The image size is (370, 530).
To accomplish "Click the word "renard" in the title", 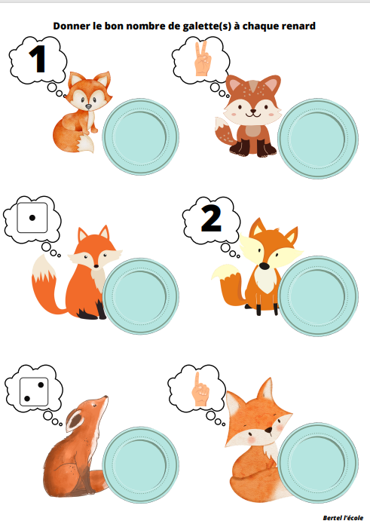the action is coord(298,26).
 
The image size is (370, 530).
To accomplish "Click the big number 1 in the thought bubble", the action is coord(38,59).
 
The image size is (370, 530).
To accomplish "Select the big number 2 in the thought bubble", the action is coord(211,219).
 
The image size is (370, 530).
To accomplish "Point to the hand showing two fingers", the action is coord(203,58).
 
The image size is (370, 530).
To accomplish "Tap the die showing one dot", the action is coord(32,218).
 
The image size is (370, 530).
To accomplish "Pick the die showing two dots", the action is coord(34,392).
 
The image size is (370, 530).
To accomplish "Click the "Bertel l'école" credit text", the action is coord(343,517).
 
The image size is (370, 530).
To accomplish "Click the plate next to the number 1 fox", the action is coord(141,136).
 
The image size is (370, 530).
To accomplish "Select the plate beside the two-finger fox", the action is coord(318,139).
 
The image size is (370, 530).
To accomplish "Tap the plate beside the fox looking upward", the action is coord(141,464).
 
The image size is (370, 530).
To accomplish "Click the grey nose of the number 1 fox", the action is coord(88,106).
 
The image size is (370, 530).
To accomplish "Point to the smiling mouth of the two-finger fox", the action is coord(253,113).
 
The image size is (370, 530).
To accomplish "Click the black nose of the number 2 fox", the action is coord(265,266).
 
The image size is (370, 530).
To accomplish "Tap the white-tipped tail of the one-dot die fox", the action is coord(45,284).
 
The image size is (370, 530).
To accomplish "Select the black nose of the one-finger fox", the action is coord(268,430).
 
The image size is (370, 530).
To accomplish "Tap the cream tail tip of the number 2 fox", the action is coord(226,271).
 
